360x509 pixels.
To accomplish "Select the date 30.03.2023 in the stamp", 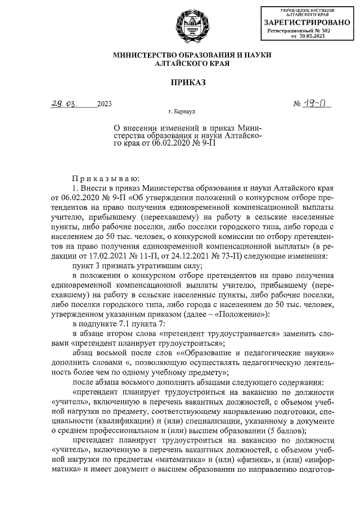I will (312, 36).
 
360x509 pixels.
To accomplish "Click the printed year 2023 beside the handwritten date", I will (105, 104).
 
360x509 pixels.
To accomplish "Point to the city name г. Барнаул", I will (185, 113).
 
